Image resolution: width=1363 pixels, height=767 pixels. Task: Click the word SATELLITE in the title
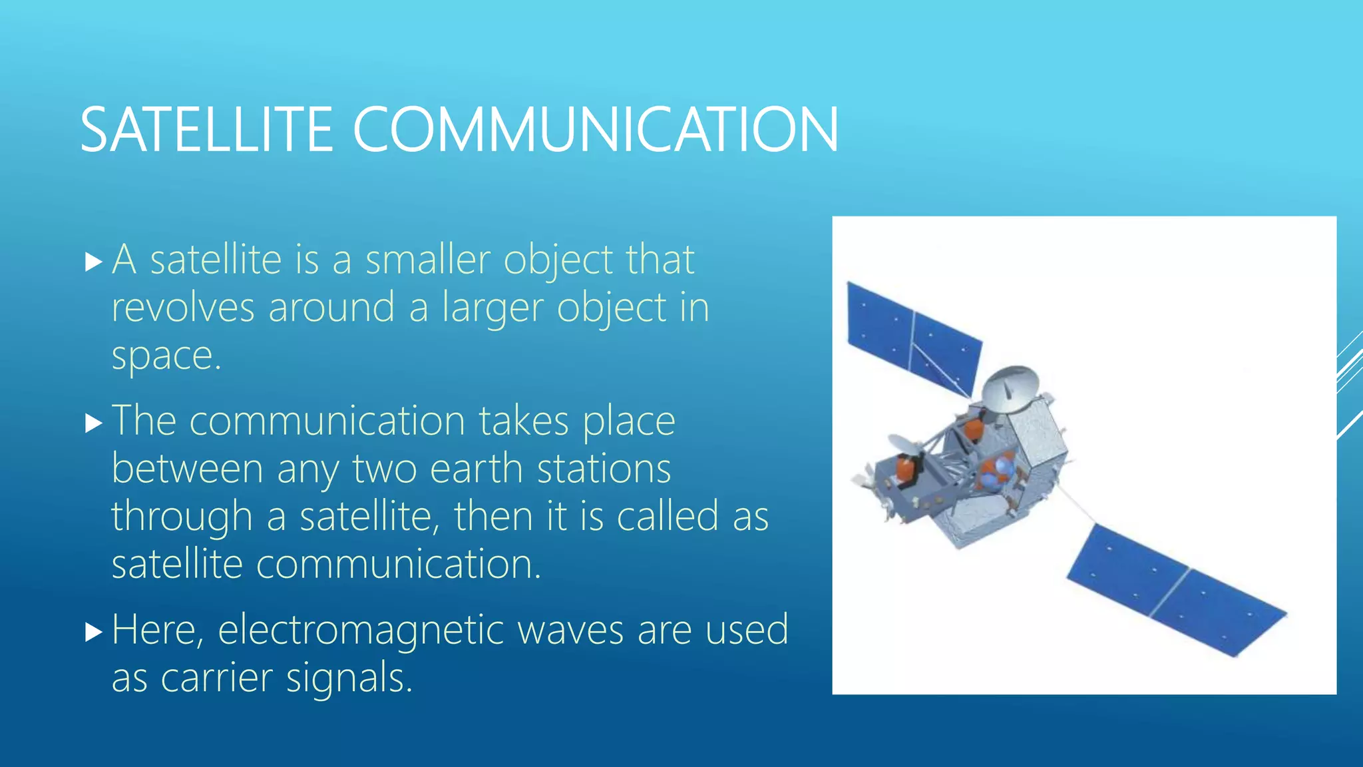206,130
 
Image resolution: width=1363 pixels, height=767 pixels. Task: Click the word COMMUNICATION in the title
595,130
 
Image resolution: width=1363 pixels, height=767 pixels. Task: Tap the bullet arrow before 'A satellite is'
94,262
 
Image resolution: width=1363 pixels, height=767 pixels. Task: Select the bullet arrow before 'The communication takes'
94,423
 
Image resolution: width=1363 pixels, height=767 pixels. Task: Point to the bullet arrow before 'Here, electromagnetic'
94,632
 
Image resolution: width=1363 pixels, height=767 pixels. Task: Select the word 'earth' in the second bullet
477,469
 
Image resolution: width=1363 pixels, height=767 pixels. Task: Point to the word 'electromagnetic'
360,631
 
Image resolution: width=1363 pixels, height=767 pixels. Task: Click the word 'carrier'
216,678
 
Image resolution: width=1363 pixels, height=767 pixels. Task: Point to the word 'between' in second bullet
187,469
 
